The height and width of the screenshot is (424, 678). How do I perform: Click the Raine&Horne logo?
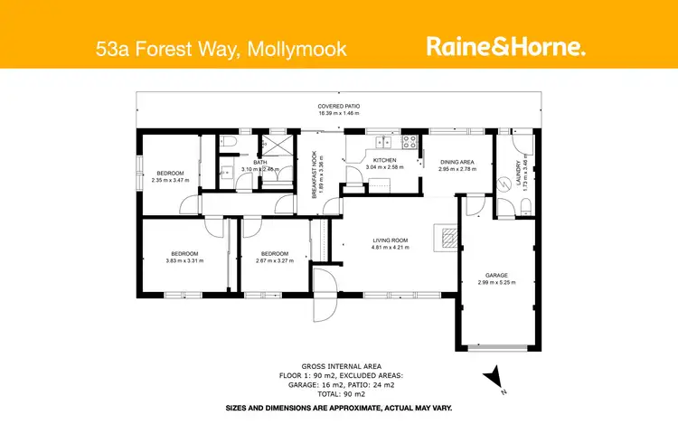505,47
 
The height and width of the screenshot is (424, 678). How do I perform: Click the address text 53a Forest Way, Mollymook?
221,48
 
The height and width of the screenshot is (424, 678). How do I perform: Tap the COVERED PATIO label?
339,107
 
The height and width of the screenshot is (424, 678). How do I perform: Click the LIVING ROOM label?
391,240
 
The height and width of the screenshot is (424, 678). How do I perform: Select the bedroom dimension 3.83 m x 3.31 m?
184,261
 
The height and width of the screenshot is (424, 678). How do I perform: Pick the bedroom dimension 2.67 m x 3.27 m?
274,261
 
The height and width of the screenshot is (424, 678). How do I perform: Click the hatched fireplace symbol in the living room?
449,238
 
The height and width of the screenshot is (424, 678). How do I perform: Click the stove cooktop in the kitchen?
409,142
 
